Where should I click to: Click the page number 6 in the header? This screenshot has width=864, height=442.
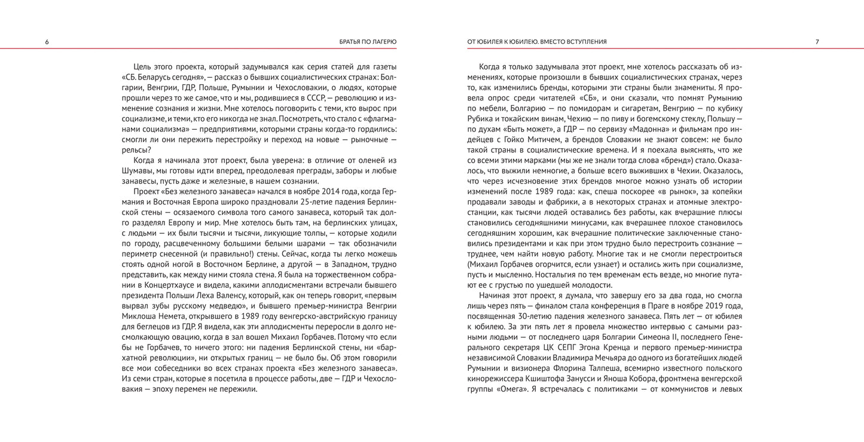[47, 42]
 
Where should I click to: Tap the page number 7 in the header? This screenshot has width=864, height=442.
[817, 42]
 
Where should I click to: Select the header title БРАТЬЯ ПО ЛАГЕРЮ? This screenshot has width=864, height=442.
[364, 42]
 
